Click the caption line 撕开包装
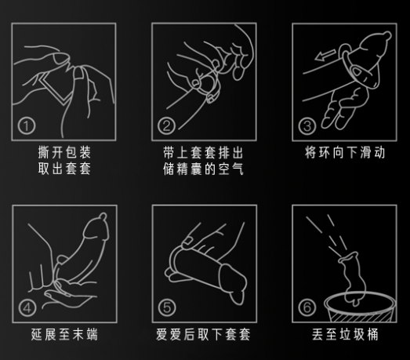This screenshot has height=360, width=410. click(63, 152)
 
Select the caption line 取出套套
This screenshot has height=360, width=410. click(63, 169)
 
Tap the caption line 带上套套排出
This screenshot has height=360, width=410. click(202, 152)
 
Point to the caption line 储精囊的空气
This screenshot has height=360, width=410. click(202, 169)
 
